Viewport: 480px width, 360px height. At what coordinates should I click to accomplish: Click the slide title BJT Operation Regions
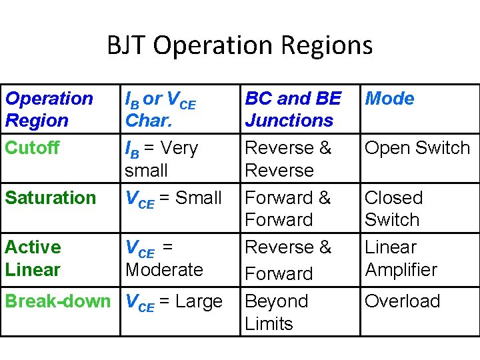click(x=240, y=45)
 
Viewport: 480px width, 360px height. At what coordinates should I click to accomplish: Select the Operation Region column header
click(x=49, y=109)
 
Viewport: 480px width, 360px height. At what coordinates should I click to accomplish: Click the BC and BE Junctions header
click(x=292, y=109)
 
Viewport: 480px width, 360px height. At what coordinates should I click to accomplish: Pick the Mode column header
click(x=389, y=99)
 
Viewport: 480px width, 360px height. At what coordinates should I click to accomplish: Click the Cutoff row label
click(x=32, y=147)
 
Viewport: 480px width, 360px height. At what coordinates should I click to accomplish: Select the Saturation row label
click(x=51, y=197)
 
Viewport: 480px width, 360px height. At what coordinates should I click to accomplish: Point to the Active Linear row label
click(x=33, y=258)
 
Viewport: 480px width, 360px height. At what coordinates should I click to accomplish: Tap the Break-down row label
click(x=57, y=301)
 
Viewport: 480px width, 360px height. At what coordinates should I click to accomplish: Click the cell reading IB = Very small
click(x=161, y=159)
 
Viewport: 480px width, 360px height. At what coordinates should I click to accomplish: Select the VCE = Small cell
click(x=173, y=198)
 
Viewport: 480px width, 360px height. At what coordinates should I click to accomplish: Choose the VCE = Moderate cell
click(x=164, y=259)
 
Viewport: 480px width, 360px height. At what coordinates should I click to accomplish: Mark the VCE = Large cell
click(x=173, y=302)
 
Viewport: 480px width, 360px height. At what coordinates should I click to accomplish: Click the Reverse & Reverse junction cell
click(x=288, y=159)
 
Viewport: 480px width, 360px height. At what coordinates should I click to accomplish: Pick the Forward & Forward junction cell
click(x=288, y=209)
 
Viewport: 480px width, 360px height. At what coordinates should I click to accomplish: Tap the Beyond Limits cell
click(x=277, y=312)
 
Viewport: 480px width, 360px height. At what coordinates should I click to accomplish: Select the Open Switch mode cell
click(x=417, y=148)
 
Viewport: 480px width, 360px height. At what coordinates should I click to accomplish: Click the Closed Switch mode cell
click(x=393, y=209)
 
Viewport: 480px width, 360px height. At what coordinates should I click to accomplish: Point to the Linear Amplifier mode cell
click(x=401, y=259)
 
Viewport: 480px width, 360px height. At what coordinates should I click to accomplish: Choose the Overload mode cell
click(x=402, y=301)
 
